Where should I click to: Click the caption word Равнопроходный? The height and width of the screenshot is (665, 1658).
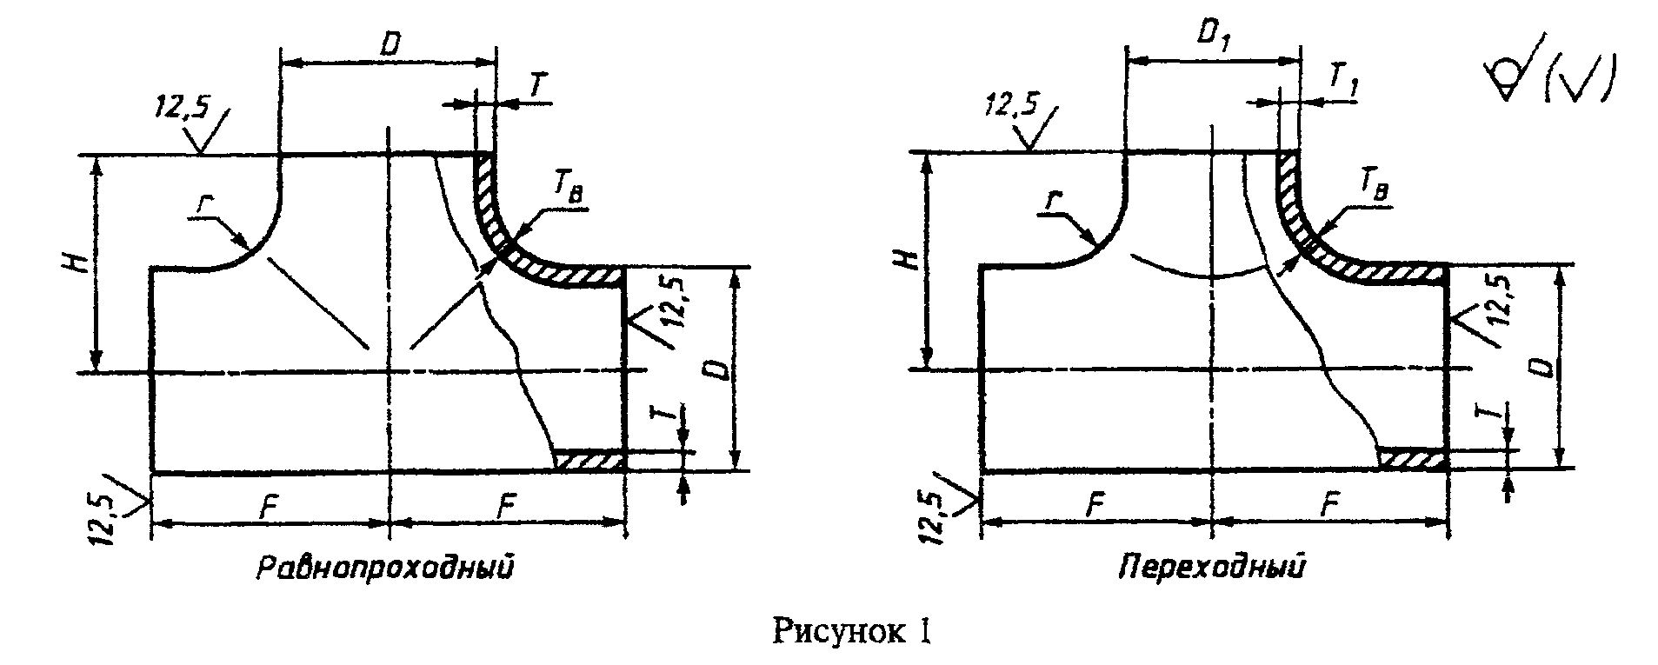(x=385, y=569)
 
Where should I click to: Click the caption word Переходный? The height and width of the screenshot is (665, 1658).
(x=1212, y=569)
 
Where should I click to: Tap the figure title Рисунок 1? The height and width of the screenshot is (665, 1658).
(x=852, y=632)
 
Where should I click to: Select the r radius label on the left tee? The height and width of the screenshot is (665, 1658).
(x=203, y=206)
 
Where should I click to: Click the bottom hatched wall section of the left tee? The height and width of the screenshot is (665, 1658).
(x=590, y=461)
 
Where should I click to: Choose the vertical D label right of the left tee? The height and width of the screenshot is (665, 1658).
(x=720, y=371)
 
